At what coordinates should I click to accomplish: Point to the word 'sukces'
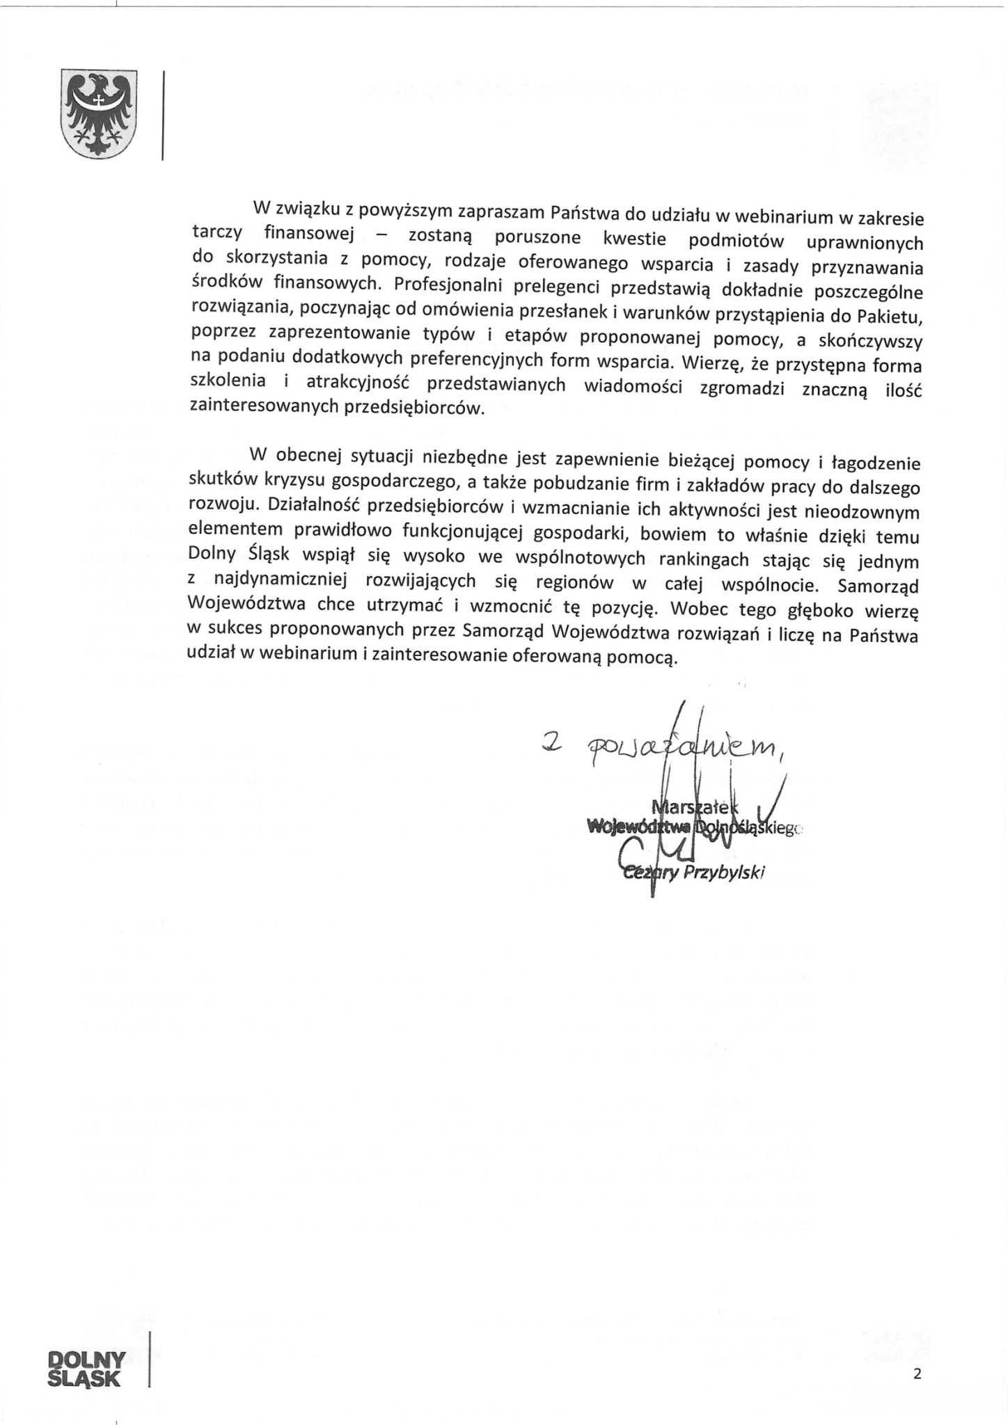233,635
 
